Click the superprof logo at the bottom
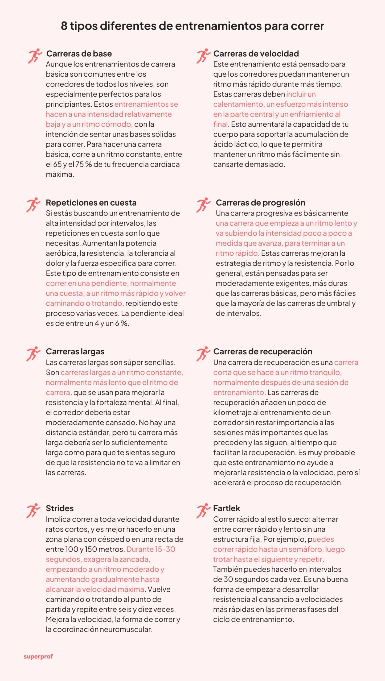[x=38, y=656]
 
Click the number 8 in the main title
[x=64, y=26]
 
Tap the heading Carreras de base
[x=79, y=54]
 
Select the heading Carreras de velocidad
[x=256, y=54]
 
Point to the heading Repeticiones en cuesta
[x=91, y=203]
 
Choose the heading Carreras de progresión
[x=260, y=203]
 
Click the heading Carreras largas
[x=75, y=352]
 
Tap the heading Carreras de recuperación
[x=263, y=352]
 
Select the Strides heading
[x=60, y=508]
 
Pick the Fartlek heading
[x=227, y=508]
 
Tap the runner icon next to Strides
[x=33, y=510]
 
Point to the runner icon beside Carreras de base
[x=35, y=56]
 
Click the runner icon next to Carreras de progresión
[x=203, y=205]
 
